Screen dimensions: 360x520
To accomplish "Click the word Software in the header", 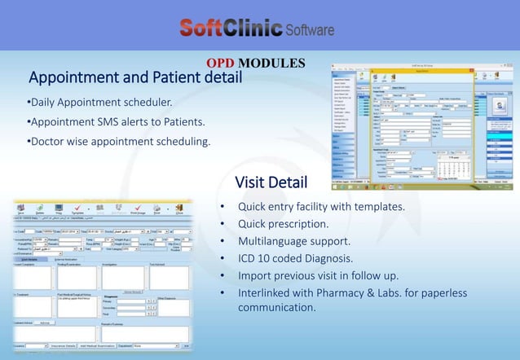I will pyautogui.click(x=310, y=30).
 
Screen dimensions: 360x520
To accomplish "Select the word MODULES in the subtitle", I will pyautogui.click(x=274, y=64).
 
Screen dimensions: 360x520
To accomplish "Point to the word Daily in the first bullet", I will pyautogui.click(x=45, y=103).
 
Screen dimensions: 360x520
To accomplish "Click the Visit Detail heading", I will pyautogui.click(x=271, y=181).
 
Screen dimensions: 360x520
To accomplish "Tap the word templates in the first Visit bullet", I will pyautogui.click(x=377, y=207).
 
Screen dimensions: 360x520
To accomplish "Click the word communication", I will pyautogui.click(x=276, y=308).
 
